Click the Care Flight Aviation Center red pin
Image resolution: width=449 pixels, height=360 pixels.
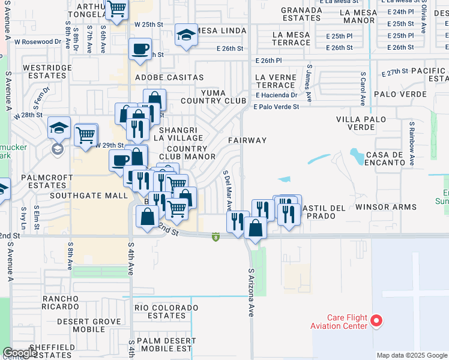[x=376, y=321]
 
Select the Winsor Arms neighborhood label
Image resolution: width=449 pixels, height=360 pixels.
[x=386, y=208]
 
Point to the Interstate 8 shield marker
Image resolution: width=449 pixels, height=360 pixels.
[x=215, y=238]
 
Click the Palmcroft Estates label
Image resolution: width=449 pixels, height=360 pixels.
[x=43, y=182]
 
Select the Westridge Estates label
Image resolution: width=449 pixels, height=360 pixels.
[x=47, y=72]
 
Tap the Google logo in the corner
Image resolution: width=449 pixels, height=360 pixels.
[x=20, y=353]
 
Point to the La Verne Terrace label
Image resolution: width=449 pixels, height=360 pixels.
[x=276, y=82]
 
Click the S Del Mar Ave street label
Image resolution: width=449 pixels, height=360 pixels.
[x=228, y=190]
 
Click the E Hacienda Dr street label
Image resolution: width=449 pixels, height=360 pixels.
[x=277, y=95]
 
